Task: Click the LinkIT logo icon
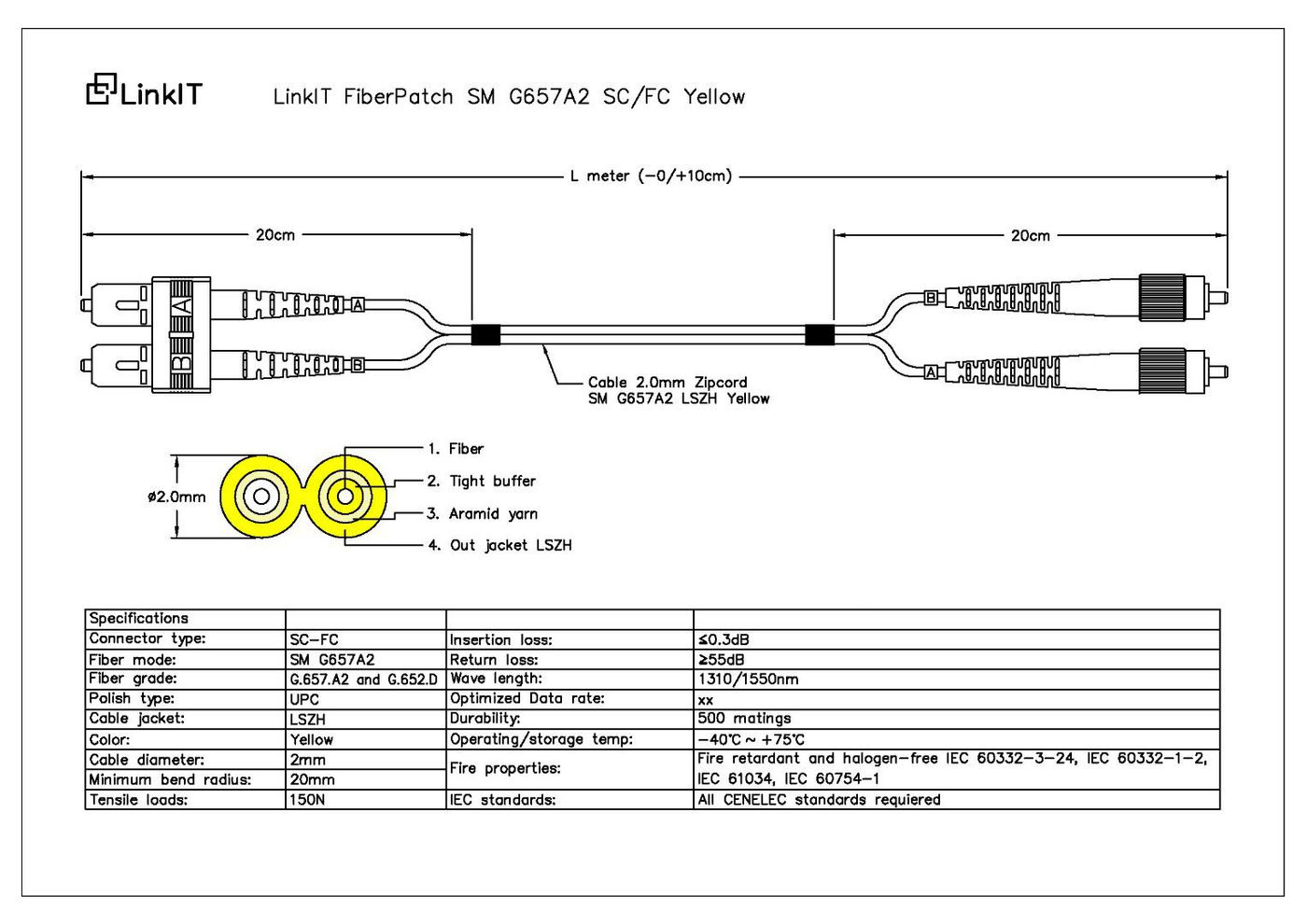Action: [102, 90]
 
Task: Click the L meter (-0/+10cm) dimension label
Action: [651, 175]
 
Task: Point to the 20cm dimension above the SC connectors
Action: [275, 235]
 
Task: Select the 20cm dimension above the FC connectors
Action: [1030, 235]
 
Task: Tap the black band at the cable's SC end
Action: [485, 335]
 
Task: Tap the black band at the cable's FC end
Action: [820, 335]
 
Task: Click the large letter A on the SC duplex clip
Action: [182, 305]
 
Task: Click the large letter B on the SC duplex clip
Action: [182, 364]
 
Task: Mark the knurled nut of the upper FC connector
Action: [1161, 297]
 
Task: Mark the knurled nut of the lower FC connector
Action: [1161, 371]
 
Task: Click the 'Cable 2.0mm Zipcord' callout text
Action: [668, 383]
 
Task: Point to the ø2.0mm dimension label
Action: [176, 497]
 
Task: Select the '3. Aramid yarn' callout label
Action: [482, 514]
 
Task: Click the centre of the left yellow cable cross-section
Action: [261, 497]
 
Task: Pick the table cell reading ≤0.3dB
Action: [723, 640]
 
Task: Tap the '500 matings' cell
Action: [744, 718]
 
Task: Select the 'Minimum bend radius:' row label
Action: [170, 779]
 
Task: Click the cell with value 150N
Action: [307, 799]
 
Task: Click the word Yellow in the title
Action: [714, 96]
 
